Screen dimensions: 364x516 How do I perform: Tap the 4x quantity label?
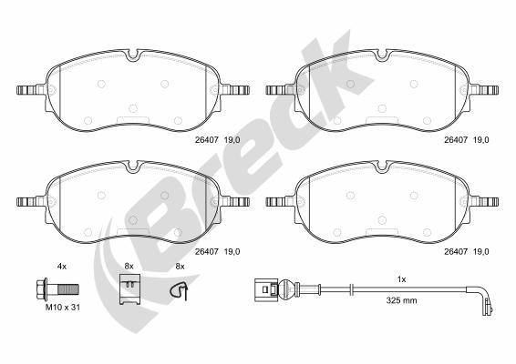click(x=62, y=266)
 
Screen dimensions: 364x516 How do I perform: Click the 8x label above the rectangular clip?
click(x=129, y=266)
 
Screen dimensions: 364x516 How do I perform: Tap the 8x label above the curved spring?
click(x=180, y=266)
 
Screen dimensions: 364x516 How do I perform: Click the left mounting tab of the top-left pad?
click(x=30, y=90)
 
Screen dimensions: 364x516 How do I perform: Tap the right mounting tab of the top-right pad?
click(x=486, y=90)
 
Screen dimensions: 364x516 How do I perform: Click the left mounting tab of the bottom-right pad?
click(x=277, y=201)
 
